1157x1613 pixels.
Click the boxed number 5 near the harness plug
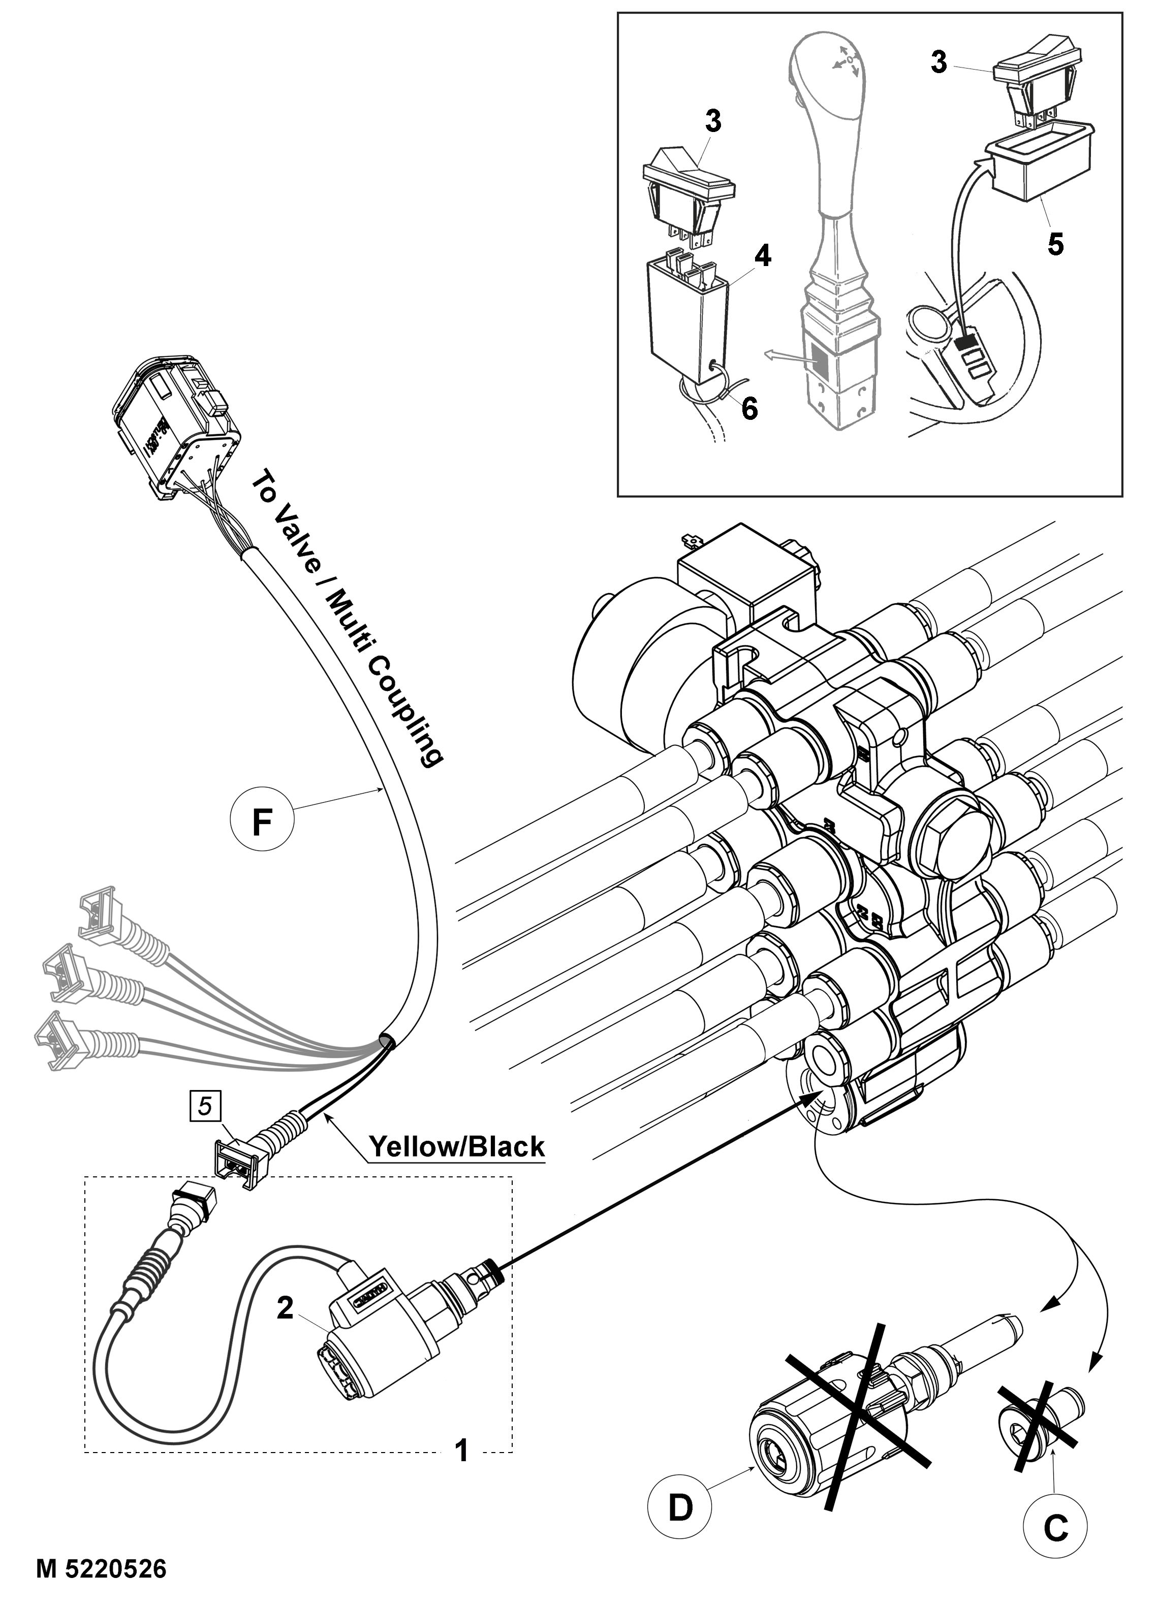click(205, 1106)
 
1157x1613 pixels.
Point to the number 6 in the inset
click(749, 408)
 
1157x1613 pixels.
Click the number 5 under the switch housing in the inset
click(1056, 244)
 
